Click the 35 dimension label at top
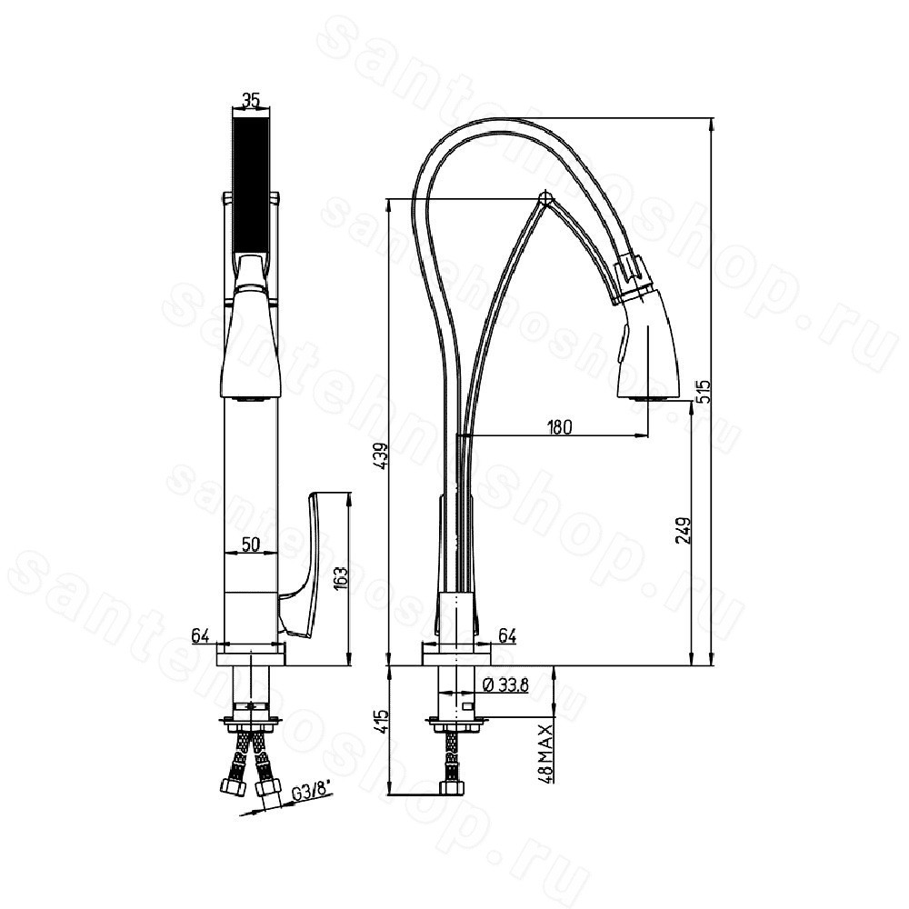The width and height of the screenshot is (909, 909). (x=251, y=100)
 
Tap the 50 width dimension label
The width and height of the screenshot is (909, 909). (x=251, y=544)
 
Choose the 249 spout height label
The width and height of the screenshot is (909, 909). (x=683, y=530)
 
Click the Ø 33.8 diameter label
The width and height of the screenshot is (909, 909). (x=504, y=685)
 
